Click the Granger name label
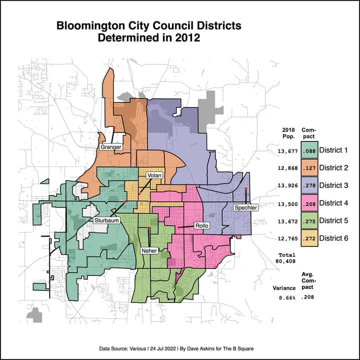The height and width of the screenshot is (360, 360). tap(111, 147)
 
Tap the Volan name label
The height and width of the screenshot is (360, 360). tap(153, 175)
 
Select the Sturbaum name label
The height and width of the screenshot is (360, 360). tap(105, 220)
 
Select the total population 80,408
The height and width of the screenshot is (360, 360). tap(286, 260)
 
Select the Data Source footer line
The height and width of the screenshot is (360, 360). tap(179, 347)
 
